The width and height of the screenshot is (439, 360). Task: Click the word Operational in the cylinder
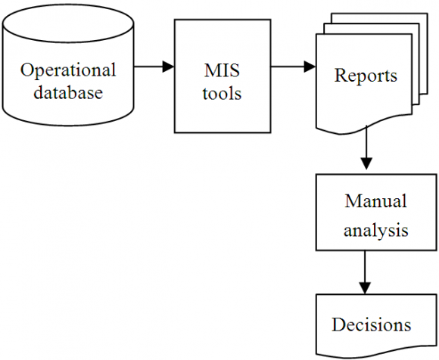68,70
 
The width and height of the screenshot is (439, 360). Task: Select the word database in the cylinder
68,94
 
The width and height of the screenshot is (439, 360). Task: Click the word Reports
366,76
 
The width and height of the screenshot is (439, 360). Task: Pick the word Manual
375,202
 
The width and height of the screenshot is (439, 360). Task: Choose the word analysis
375,230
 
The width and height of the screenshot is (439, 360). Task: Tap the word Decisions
371,325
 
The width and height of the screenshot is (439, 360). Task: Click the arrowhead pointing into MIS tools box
169,67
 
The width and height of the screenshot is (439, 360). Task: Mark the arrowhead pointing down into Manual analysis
366,163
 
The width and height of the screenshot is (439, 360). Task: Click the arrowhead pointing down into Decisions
366,287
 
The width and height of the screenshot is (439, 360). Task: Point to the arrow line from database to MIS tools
148,67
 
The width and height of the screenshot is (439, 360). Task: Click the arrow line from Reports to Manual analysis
366,144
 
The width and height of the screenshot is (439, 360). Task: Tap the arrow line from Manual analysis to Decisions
366,268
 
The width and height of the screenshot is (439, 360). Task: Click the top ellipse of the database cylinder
69,23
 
